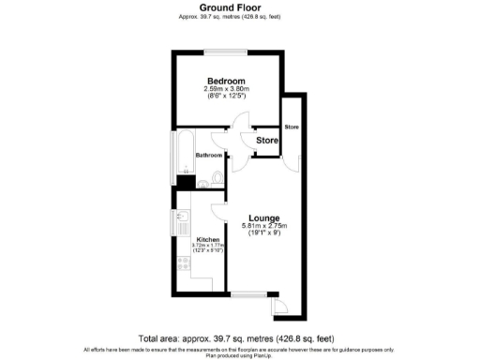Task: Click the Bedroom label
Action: click(x=226, y=81)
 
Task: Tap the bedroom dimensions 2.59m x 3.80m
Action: click(x=226, y=89)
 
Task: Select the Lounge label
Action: click(x=264, y=218)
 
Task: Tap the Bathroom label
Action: click(x=209, y=155)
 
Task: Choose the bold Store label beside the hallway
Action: click(x=268, y=141)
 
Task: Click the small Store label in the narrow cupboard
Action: click(x=292, y=127)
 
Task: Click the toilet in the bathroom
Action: click(x=217, y=175)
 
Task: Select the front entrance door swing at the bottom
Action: click(x=278, y=307)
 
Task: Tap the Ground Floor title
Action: click(x=230, y=7)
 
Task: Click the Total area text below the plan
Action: click(x=235, y=338)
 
